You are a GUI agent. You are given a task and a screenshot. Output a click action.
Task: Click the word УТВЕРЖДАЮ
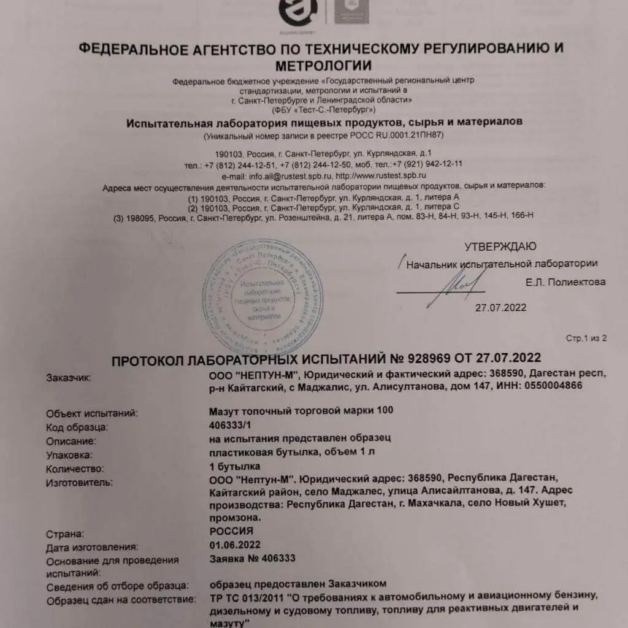pyautogui.click(x=500, y=247)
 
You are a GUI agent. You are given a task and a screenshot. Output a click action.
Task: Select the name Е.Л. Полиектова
pyautogui.click(x=565, y=282)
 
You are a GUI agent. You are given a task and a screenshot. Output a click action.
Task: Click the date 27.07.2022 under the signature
pyautogui.click(x=500, y=308)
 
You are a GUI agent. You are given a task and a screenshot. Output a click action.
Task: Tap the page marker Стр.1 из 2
pyautogui.click(x=586, y=338)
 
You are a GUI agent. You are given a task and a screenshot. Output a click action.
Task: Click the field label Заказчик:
pyautogui.click(x=68, y=378)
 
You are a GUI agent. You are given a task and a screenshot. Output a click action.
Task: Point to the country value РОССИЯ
pyautogui.click(x=231, y=531)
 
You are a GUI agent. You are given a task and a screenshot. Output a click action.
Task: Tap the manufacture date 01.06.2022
pyautogui.click(x=235, y=545)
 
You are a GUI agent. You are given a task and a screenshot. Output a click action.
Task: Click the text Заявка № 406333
pyautogui.click(x=253, y=558)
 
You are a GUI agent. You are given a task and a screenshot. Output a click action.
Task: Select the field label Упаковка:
pyautogui.click(x=69, y=455)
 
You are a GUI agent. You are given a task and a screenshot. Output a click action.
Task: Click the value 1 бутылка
pyautogui.click(x=235, y=469)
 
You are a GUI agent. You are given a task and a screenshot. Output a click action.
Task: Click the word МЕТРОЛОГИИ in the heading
pyautogui.click(x=323, y=65)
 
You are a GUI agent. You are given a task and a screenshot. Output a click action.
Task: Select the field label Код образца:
pyautogui.click(x=77, y=427)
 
